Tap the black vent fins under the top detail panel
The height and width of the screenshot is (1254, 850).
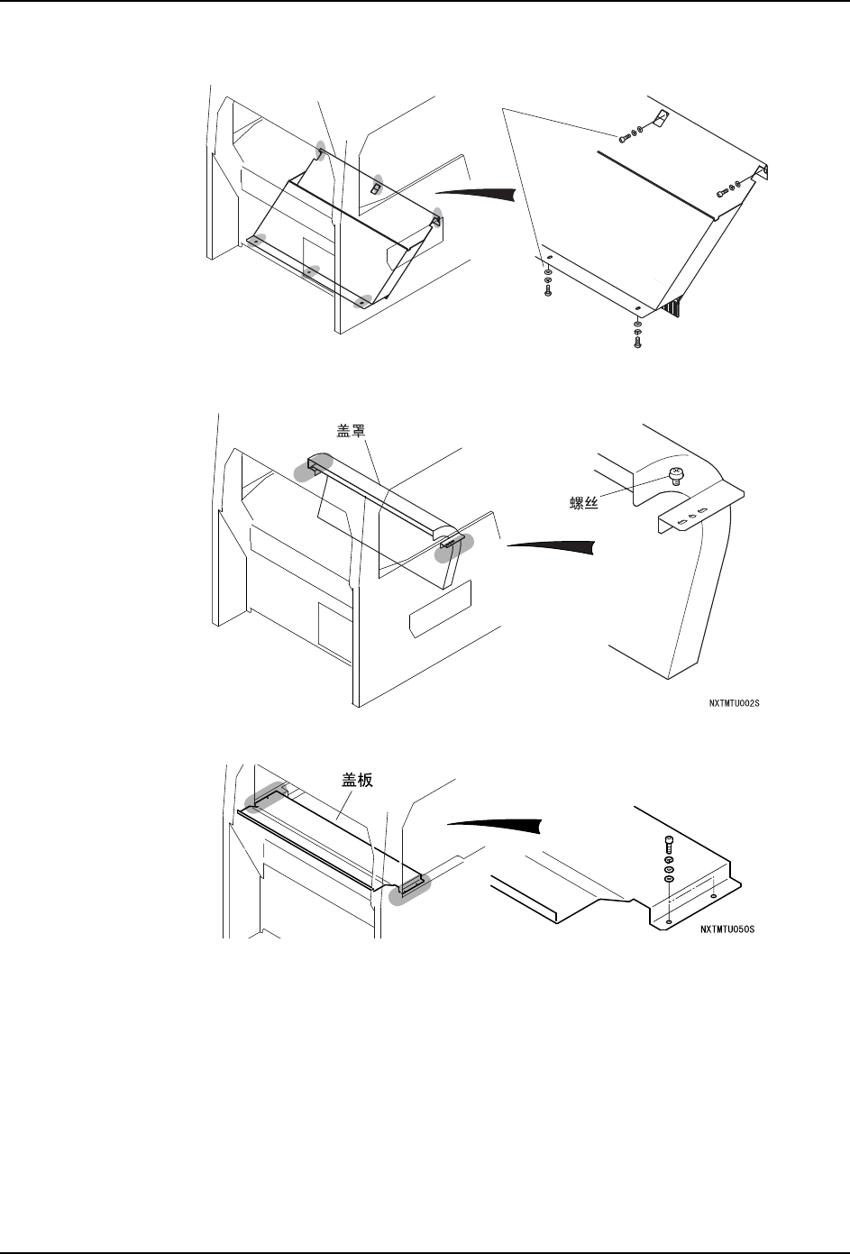672,308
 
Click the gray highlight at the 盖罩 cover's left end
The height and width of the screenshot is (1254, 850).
312,468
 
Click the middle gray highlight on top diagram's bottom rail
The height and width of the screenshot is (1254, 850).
310,270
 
